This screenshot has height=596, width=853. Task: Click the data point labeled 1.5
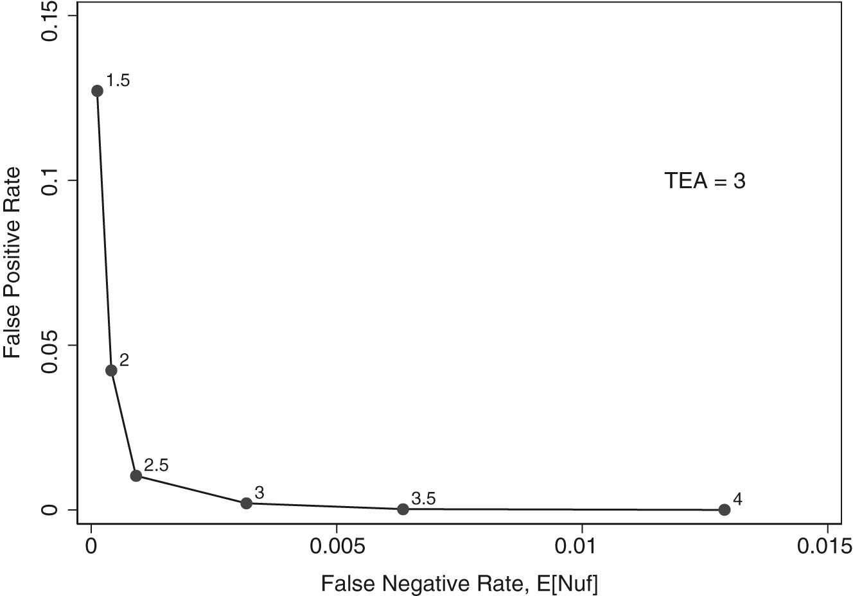[x=97, y=91]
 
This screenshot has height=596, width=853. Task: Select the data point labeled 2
[x=111, y=370]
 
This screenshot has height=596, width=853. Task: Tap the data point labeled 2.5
[x=136, y=475]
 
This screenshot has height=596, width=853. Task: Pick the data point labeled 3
[x=246, y=503]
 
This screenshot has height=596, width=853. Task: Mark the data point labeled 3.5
[x=403, y=509]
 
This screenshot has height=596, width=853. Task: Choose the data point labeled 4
[x=725, y=509]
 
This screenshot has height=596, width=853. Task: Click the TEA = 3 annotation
[x=705, y=181]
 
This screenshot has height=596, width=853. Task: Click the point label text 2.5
[x=156, y=465]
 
